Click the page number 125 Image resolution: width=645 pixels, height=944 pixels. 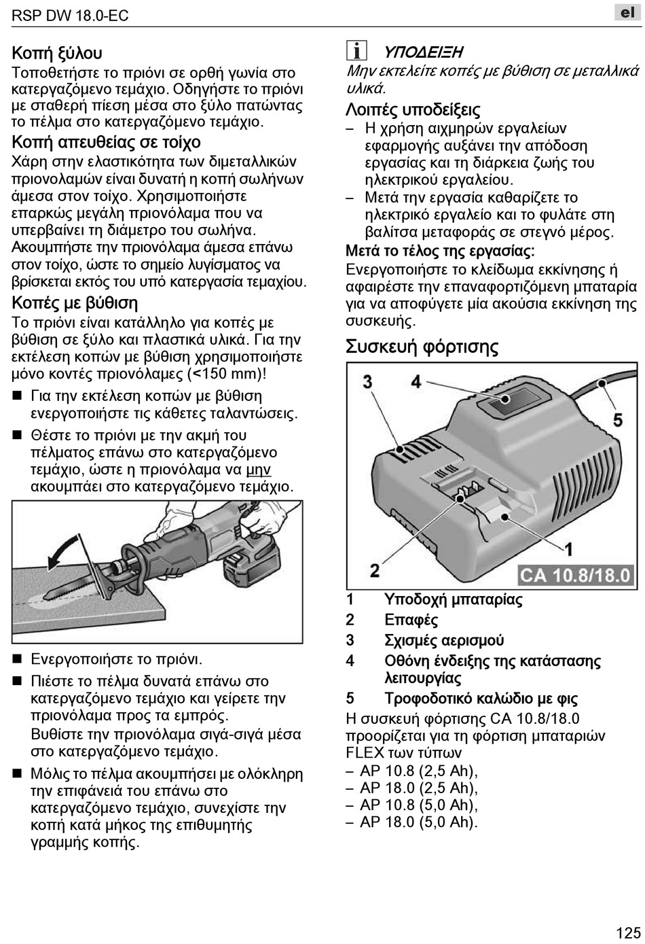(x=629, y=932)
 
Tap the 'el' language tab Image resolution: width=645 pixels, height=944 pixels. (x=627, y=13)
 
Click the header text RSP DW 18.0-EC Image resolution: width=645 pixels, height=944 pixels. (x=71, y=15)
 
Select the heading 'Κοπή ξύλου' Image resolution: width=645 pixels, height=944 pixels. (x=57, y=53)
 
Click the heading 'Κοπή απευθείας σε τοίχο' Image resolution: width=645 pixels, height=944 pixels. (x=107, y=142)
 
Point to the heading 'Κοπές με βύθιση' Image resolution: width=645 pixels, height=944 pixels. (x=75, y=303)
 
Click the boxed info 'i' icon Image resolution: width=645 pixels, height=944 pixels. (x=356, y=51)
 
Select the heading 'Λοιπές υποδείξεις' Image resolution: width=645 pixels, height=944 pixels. (x=413, y=109)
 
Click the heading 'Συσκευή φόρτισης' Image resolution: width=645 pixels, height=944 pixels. (x=422, y=347)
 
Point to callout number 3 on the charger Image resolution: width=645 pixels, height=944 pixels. (x=367, y=381)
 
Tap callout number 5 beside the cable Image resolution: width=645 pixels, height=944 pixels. (x=618, y=419)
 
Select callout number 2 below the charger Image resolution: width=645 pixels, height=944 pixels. (x=375, y=570)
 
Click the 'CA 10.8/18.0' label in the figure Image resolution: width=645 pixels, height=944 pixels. (x=576, y=576)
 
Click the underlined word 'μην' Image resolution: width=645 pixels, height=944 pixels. (x=259, y=470)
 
